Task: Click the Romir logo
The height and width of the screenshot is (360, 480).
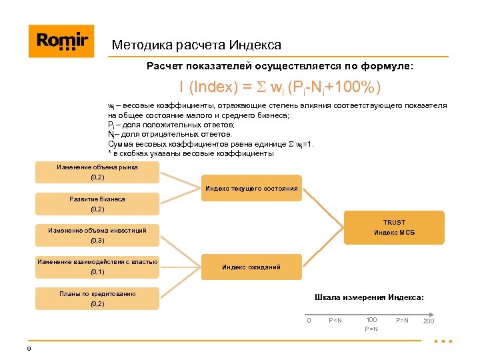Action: pyautogui.click(x=61, y=41)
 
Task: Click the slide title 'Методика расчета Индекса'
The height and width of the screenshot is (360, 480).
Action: pyautogui.click(x=197, y=45)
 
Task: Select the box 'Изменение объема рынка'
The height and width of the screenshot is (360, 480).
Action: pyautogui.click(x=97, y=172)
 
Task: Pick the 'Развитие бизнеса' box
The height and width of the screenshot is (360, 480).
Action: pyautogui.click(x=97, y=204)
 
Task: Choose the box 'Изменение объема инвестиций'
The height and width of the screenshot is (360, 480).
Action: pyautogui.click(x=97, y=235)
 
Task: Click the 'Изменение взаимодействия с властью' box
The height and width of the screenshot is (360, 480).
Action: pyautogui.click(x=97, y=267)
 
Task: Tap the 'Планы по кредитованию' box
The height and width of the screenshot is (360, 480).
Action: pyautogui.click(x=97, y=298)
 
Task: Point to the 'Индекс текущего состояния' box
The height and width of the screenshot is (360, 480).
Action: pyautogui.click(x=251, y=189)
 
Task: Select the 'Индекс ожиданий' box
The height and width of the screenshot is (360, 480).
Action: pyautogui.click(x=251, y=267)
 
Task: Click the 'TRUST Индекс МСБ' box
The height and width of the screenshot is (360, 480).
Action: pyautogui.click(x=394, y=227)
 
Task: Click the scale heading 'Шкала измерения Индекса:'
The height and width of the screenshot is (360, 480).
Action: pyautogui.click(x=369, y=297)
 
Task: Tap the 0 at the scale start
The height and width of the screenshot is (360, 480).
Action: pyautogui.click(x=309, y=321)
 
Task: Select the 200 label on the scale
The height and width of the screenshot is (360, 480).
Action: pyautogui.click(x=428, y=321)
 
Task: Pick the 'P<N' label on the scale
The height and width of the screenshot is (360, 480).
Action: pyautogui.click(x=335, y=321)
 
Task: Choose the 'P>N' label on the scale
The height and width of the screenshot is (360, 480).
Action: pyautogui.click(x=403, y=321)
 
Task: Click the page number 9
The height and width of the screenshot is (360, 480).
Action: pyautogui.click(x=29, y=349)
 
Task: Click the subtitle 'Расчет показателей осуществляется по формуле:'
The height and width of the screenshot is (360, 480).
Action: pyautogui.click(x=280, y=67)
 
